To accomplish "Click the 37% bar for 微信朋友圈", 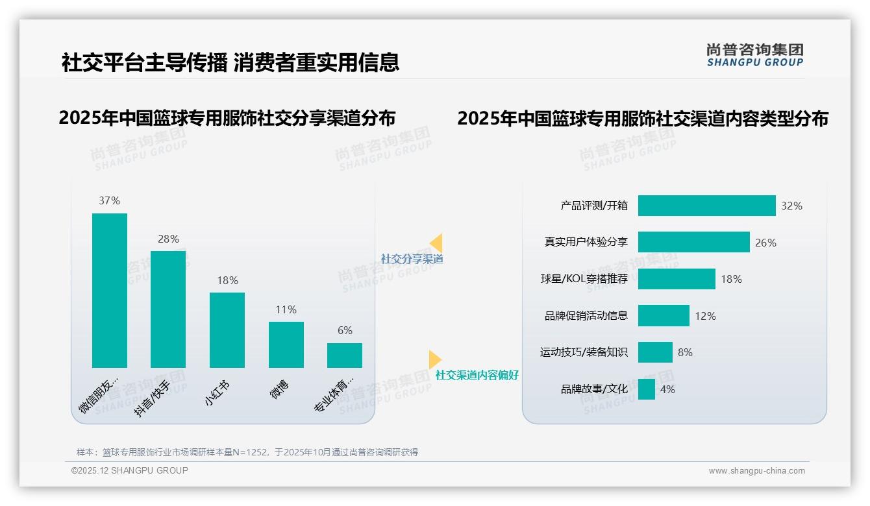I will [110, 290].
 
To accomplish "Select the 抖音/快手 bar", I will [168, 309].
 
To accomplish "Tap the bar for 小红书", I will [227, 330].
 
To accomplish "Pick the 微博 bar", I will [286, 344].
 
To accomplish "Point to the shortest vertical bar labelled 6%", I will [345, 355].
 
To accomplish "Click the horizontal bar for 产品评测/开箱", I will [706, 206].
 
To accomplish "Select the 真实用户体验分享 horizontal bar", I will [693, 242].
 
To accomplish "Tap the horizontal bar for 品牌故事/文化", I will [647, 389].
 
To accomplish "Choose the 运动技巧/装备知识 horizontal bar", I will [655, 352].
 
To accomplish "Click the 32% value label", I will [791, 206].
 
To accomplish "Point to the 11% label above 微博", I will [286, 309].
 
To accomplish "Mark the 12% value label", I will [705, 316].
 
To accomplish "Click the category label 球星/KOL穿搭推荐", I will [584, 279].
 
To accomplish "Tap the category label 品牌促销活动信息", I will [586, 316].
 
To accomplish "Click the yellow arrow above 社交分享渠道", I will [436, 243].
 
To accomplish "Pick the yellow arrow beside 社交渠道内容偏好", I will [434, 359].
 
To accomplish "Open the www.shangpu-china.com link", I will [756, 471].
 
